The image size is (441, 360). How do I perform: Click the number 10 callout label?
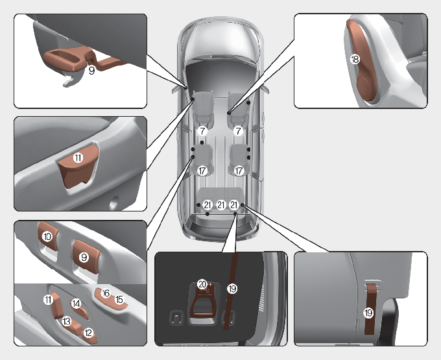pyautogui.click(x=47, y=236)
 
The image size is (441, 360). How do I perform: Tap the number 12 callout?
pyautogui.click(x=88, y=333)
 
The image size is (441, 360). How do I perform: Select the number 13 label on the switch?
pyautogui.click(x=66, y=321)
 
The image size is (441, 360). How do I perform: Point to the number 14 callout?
pyautogui.click(x=76, y=303)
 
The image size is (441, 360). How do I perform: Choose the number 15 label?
pyautogui.click(x=119, y=299)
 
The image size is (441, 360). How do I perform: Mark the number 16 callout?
pyautogui.click(x=106, y=293)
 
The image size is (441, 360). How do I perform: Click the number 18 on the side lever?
pyautogui.click(x=355, y=59)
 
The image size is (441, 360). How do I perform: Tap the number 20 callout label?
pyautogui.click(x=202, y=284)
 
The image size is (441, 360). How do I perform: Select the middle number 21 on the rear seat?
pyautogui.click(x=221, y=205)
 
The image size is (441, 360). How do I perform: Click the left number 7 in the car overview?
pyautogui.click(x=202, y=131)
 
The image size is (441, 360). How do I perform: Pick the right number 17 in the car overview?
pyautogui.click(x=239, y=171)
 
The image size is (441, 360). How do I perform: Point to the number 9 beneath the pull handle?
pyautogui.click(x=91, y=70)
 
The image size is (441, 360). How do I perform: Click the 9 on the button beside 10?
pyautogui.click(x=84, y=257)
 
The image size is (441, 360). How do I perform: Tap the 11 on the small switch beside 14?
pyautogui.click(x=48, y=300)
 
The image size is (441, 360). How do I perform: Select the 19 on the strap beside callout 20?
pyautogui.click(x=232, y=289)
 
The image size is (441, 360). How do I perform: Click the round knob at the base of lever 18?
pyautogui.click(x=365, y=87)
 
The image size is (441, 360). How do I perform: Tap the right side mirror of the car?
pyautogui.click(x=266, y=89)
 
